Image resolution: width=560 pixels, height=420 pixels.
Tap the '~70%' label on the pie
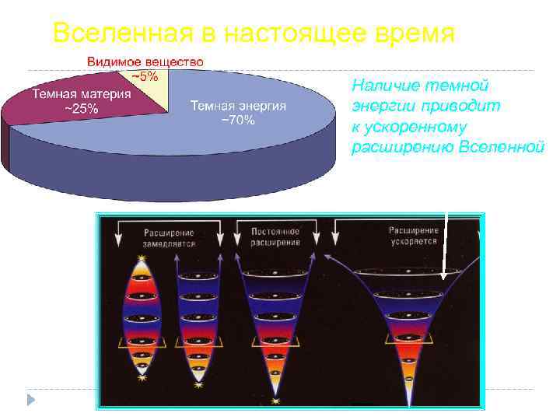(239, 121)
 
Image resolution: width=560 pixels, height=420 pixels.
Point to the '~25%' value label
(80, 109)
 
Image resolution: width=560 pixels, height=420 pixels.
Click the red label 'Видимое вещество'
(145, 61)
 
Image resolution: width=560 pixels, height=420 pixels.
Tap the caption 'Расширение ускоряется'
(413, 236)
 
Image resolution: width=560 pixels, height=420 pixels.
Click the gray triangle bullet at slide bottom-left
(31, 400)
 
